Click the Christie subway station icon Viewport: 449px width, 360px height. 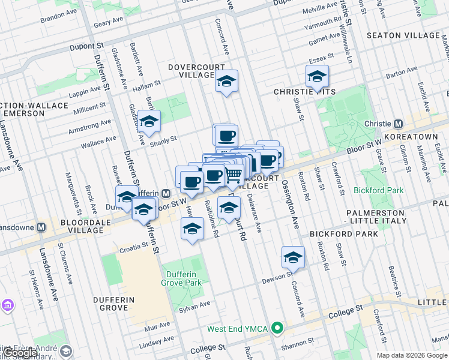pyautogui.click(x=398, y=124)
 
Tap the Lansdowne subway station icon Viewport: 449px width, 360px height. pyautogui.click(x=41, y=227)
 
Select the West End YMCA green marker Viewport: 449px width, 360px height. pyautogui.click(x=277, y=328)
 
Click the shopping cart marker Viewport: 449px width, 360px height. pyautogui.click(x=234, y=175)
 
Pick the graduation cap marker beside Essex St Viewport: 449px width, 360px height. pyautogui.click(x=317, y=77)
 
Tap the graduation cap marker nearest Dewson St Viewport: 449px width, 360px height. pyautogui.click(x=293, y=257)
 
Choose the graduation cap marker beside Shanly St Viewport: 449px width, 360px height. pyautogui.click(x=149, y=122)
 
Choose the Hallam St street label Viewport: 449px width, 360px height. pyautogui.click(x=143, y=88)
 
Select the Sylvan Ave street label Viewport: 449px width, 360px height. pyautogui.click(x=194, y=305)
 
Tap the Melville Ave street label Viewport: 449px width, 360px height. pyautogui.click(x=319, y=10)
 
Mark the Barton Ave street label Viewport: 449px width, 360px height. pyautogui.click(x=402, y=75)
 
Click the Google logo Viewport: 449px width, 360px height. pyautogui.click(x=21, y=353)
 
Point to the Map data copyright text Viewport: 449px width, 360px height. pyautogui.click(x=412, y=355)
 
